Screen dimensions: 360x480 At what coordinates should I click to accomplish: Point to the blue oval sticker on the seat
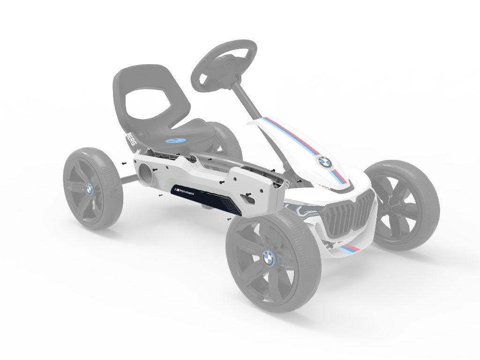coord(176,140)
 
